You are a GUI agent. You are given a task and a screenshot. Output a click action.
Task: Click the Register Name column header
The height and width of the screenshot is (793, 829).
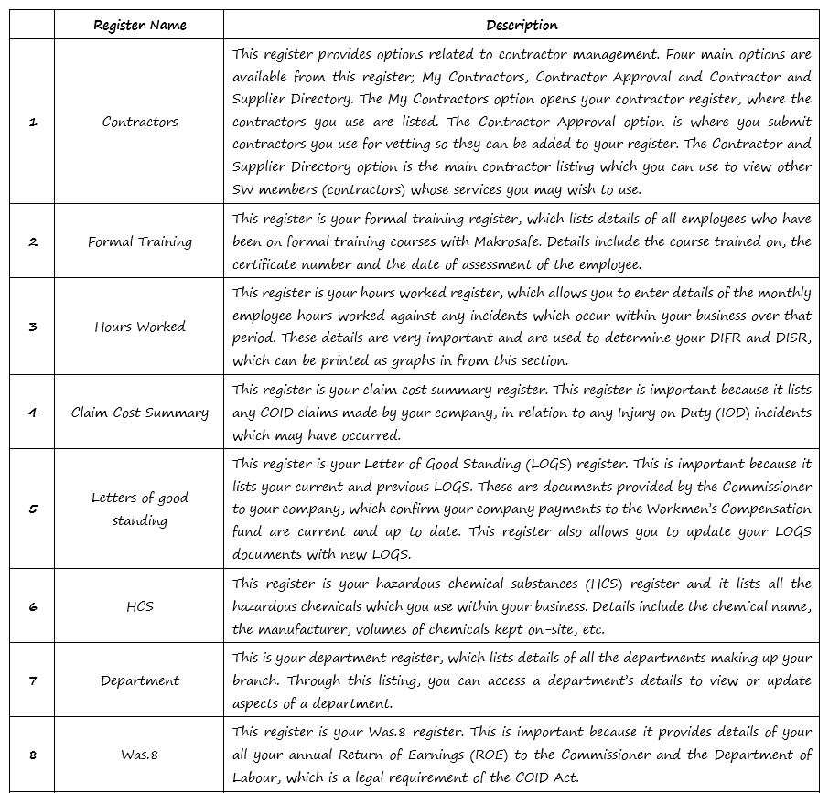[139, 25]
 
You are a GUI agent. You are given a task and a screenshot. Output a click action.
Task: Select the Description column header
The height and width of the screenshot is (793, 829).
[522, 25]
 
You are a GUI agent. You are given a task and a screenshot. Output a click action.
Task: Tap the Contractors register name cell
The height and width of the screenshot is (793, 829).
[139, 122]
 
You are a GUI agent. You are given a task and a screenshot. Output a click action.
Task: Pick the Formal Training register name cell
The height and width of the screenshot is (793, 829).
[139, 242]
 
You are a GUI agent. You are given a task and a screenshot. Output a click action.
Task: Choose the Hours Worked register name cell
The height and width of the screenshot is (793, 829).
[139, 327]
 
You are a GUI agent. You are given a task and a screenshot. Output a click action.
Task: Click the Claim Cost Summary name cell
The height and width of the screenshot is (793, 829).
[139, 413]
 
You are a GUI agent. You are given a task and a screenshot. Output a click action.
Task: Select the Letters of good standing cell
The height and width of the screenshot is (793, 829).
[139, 509]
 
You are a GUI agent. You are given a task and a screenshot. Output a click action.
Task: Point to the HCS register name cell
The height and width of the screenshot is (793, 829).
[139, 606]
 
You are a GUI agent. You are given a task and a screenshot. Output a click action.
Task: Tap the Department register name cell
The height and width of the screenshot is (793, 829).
[139, 680]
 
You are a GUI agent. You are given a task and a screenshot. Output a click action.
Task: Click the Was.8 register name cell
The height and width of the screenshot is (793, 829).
[139, 755]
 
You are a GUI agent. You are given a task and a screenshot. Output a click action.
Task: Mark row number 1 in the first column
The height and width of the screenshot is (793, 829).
[33, 122]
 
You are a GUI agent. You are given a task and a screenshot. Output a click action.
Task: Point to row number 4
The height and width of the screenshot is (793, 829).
[33, 413]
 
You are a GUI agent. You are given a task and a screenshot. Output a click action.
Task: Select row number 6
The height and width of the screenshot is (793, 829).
[33, 606]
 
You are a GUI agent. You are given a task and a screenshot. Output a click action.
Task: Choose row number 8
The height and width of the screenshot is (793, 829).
[33, 755]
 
